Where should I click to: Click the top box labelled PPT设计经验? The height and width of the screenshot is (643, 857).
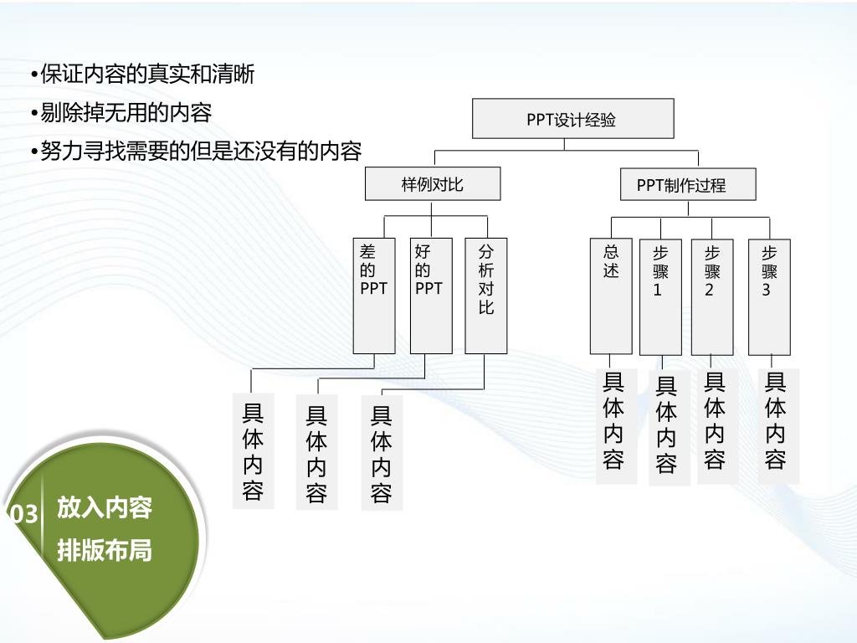click(572, 118)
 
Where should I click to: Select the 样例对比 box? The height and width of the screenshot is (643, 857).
click(433, 184)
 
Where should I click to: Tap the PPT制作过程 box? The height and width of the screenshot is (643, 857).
click(687, 184)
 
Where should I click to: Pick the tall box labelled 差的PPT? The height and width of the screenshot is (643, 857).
click(373, 296)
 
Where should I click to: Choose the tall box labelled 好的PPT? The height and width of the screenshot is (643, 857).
click(431, 296)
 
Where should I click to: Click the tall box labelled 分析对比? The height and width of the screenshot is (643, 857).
click(485, 296)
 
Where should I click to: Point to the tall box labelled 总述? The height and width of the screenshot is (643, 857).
click(611, 296)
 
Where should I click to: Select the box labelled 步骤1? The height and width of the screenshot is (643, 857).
click(660, 296)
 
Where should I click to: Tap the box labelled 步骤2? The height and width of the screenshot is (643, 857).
click(712, 296)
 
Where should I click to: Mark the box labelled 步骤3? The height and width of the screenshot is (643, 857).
click(769, 296)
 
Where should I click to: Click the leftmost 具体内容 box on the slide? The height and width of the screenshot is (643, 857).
click(253, 452)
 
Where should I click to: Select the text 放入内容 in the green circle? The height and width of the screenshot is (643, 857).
click(105, 507)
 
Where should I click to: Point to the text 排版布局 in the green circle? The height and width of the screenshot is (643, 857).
click(105, 550)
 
